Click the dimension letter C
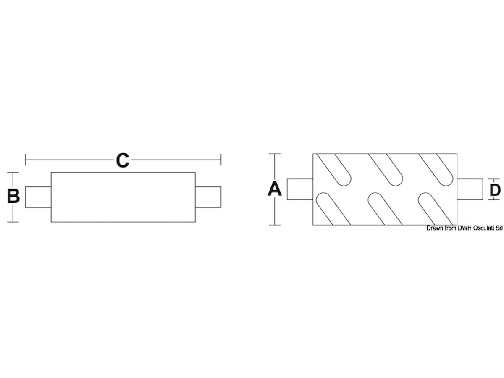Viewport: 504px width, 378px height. pos(122,160)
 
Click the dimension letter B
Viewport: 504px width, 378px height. pos(14,196)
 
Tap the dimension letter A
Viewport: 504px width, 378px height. pos(275,189)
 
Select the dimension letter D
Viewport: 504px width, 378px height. pos(496,190)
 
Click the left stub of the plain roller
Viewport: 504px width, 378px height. pos(38,197)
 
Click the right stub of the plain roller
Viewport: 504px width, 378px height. pos(208,197)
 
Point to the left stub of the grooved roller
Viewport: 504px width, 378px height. pos(300,189)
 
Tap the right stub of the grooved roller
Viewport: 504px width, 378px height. pos(469,189)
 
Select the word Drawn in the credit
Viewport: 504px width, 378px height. pos(435,228)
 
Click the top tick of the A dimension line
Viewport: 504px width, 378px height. pos(275,154)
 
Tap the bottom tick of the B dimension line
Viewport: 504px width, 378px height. pos(14,222)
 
